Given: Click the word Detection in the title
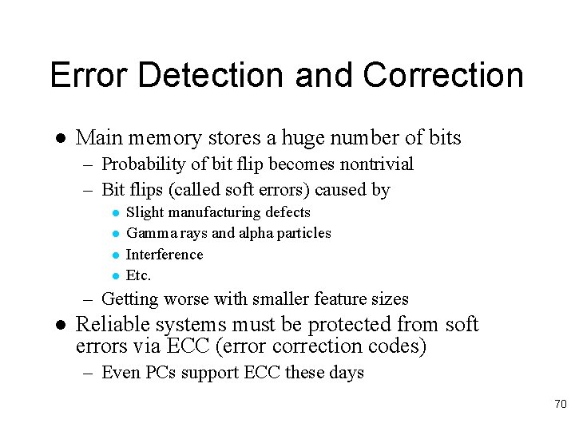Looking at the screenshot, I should click(210, 75).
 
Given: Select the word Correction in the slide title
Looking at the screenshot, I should click(443, 75).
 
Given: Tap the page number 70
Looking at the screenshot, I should click(560, 405).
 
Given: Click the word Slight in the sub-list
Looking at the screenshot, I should click(145, 212).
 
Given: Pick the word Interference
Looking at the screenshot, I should click(165, 255).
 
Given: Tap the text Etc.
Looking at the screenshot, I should click(138, 275).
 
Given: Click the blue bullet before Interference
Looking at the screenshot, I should click(115, 255).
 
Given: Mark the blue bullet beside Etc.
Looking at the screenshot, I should click(115, 276).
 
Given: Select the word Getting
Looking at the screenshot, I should click(131, 299).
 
